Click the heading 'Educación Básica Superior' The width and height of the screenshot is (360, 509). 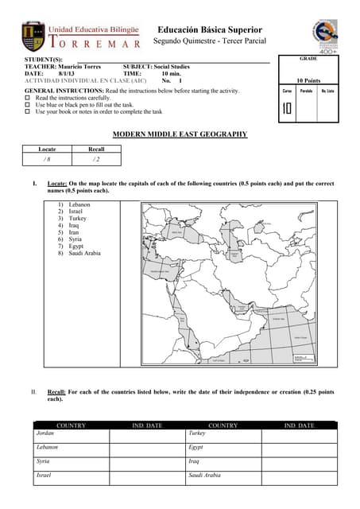tap(209, 29)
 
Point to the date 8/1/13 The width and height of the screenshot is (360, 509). tap(65, 73)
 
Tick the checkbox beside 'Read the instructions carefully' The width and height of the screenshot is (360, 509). tap(28, 98)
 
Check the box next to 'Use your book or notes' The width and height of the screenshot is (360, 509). tap(28, 111)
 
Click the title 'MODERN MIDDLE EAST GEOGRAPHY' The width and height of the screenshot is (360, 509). tap(180, 134)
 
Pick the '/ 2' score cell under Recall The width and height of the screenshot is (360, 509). tap(95, 159)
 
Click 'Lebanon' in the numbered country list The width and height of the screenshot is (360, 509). tap(79, 204)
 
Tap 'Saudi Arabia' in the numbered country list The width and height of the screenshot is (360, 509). tap(86, 254)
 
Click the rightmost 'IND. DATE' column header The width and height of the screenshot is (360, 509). tap(299, 425)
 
